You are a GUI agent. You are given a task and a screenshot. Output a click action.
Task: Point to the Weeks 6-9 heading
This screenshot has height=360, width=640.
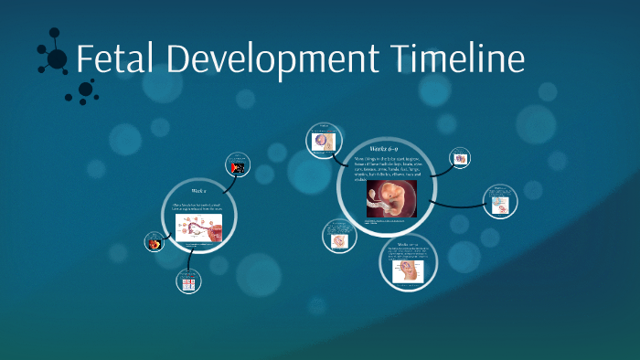384,147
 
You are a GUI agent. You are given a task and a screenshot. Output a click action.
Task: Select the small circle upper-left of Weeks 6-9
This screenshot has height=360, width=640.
323,138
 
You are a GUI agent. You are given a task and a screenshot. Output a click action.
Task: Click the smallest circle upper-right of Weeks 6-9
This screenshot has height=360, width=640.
460,157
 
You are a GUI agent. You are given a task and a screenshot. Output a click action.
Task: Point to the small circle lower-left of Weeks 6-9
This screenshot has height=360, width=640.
338,236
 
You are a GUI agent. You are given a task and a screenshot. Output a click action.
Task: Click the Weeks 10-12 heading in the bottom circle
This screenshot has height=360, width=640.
408,244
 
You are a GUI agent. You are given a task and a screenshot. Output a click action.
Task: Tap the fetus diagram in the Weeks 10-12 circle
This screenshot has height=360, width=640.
408,270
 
